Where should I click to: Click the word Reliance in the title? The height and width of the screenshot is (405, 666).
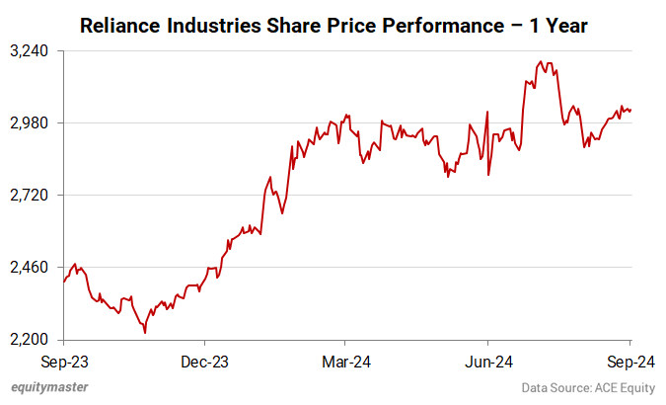point(120,25)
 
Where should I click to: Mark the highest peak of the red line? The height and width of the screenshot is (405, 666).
point(540,62)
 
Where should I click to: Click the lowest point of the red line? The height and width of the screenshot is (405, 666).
point(145,332)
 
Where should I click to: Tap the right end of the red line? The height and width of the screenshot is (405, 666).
point(630,110)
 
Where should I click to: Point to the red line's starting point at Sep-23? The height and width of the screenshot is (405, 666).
point(63,282)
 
